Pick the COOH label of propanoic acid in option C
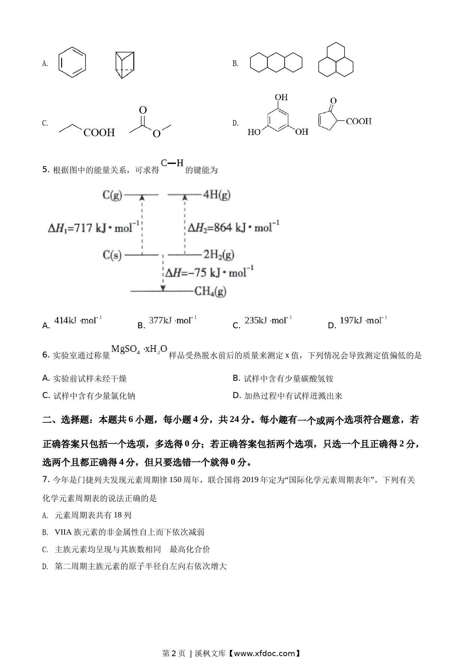99,132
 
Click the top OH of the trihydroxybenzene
281,98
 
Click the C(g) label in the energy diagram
112,195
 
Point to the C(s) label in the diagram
112,255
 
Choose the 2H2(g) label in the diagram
219,255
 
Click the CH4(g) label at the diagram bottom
210,291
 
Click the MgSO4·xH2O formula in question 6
139,350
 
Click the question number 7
46,479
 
